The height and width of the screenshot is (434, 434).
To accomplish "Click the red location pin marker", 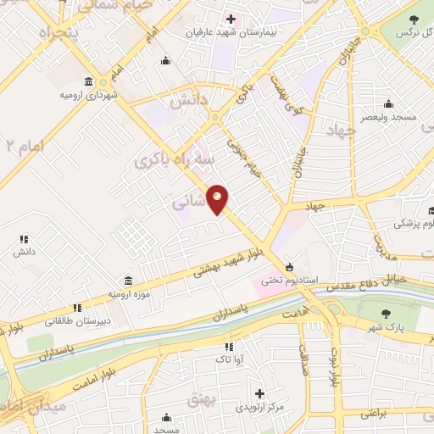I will (x=218, y=199).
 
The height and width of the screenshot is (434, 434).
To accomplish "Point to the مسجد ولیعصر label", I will (x=388, y=117).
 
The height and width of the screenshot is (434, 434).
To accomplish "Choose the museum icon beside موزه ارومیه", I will (x=127, y=281).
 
